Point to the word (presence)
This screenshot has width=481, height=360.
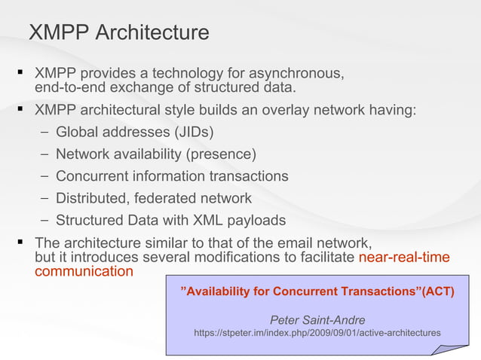pyautogui.click(x=224, y=154)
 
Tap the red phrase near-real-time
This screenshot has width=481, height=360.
pyautogui.click(x=404, y=258)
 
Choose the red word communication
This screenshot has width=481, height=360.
pyautogui.click(x=84, y=271)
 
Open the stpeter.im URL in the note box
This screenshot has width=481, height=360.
pyautogui.click(x=317, y=332)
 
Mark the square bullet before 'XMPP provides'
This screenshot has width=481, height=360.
pyautogui.click(x=17, y=74)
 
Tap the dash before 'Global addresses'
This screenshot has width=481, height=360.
pyautogui.click(x=45, y=133)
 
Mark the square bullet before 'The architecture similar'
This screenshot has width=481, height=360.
pyautogui.click(x=17, y=243)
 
